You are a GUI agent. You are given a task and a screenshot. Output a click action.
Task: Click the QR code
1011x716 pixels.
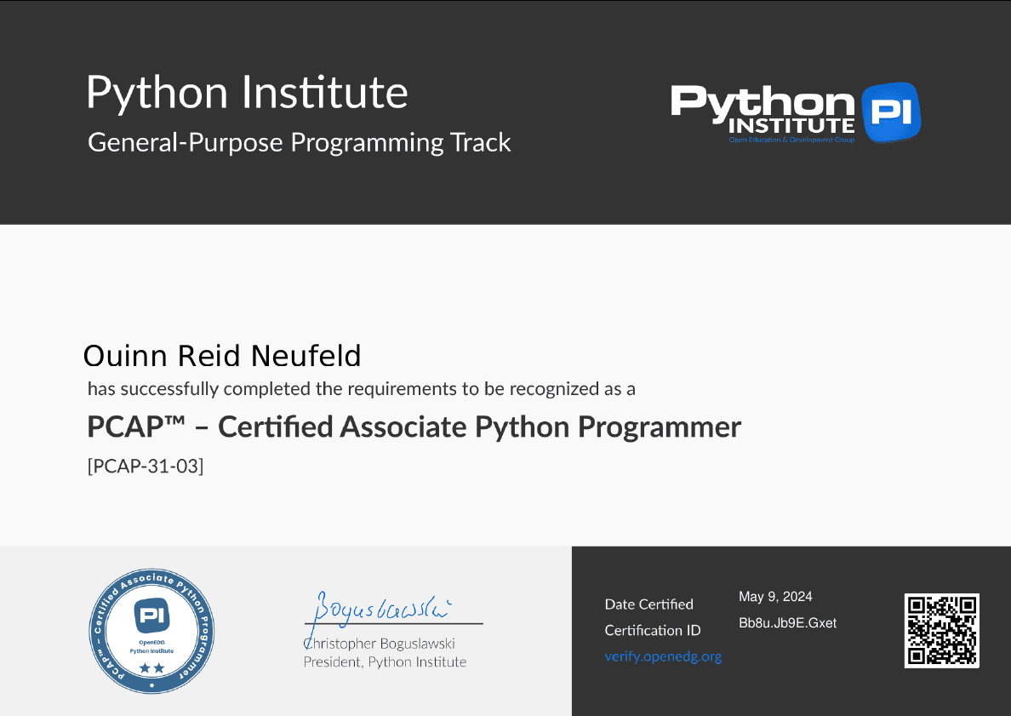click(941, 630)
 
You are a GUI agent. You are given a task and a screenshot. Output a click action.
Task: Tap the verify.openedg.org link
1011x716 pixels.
click(663, 656)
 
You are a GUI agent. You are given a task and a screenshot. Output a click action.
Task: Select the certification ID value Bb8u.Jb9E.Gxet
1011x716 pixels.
click(787, 623)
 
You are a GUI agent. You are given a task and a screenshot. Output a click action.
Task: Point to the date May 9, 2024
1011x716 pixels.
click(775, 597)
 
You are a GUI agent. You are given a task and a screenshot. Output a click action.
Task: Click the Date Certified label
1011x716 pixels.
click(648, 604)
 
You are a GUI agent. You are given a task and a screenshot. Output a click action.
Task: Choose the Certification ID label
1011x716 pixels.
click(653, 630)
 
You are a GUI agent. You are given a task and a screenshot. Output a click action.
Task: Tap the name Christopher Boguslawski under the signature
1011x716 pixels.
click(380, 643)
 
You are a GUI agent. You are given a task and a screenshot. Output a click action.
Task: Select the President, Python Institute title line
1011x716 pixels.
click(385, 662)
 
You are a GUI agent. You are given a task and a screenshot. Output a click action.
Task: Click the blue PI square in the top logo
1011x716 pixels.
click(891, 112)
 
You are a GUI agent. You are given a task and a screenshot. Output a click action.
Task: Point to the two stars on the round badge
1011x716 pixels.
click(151, 668)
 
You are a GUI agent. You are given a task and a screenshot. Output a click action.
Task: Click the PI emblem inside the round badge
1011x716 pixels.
click(151, 616)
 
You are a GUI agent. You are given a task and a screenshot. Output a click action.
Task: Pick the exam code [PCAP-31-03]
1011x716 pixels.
click(146, 466)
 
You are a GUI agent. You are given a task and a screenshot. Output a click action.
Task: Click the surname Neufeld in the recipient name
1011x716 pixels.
click(306, 356)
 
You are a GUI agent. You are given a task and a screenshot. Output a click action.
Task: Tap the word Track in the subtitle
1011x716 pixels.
click(480, 142)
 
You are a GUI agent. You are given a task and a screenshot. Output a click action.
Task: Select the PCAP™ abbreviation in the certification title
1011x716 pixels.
click(136, 427)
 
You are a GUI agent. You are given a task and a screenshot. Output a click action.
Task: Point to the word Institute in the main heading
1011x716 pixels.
click(324, 92)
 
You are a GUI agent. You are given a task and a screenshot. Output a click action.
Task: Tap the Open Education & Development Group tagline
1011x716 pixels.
click(791, 140)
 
